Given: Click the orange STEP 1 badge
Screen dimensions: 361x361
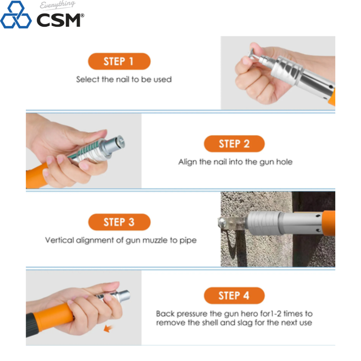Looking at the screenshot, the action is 119,61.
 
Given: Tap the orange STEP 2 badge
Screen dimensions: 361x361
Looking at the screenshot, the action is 234,144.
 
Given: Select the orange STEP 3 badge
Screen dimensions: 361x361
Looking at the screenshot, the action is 119,222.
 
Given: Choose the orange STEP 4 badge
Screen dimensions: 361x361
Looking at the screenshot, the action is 234,295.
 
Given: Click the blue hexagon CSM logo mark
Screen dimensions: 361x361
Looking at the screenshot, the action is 16,15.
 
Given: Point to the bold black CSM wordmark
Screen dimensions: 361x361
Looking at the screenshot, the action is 59,20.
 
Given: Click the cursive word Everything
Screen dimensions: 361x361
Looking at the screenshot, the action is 57,5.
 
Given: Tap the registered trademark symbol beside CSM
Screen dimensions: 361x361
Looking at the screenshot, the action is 82,16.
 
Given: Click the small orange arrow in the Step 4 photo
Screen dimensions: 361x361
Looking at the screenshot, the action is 108,328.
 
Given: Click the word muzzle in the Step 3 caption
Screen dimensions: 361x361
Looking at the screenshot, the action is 155,240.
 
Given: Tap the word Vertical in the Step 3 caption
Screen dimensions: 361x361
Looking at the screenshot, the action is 59,240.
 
